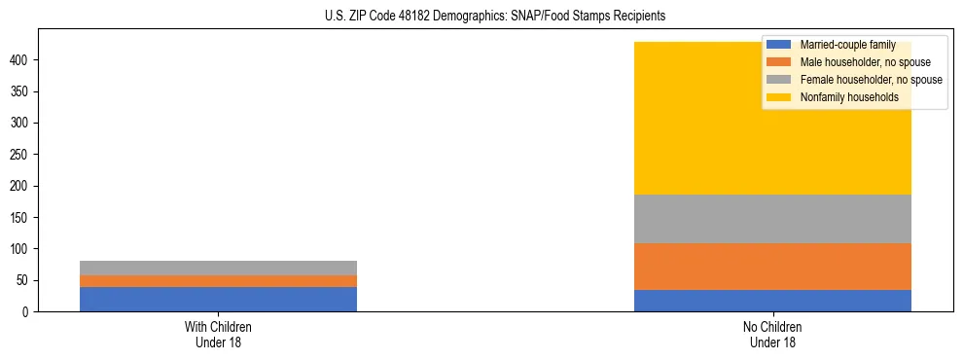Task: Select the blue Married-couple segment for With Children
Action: [218, 299]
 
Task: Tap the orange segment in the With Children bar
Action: [218, 281]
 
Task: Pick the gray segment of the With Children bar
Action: [218, 268]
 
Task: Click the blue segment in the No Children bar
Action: [772, 301]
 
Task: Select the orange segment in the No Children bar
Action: [772, 267]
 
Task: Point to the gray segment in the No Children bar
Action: [772, 219]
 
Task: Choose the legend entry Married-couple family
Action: [841, 45]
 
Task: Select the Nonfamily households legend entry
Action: [842, 97]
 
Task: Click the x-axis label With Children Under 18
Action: [218, 334]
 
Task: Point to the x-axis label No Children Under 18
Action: [772, 334]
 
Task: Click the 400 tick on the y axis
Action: [22, 60]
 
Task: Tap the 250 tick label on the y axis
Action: [22, 155]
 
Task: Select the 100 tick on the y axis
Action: [22, 249]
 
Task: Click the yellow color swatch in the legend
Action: [779, 97]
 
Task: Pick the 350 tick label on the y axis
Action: [22, 91]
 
